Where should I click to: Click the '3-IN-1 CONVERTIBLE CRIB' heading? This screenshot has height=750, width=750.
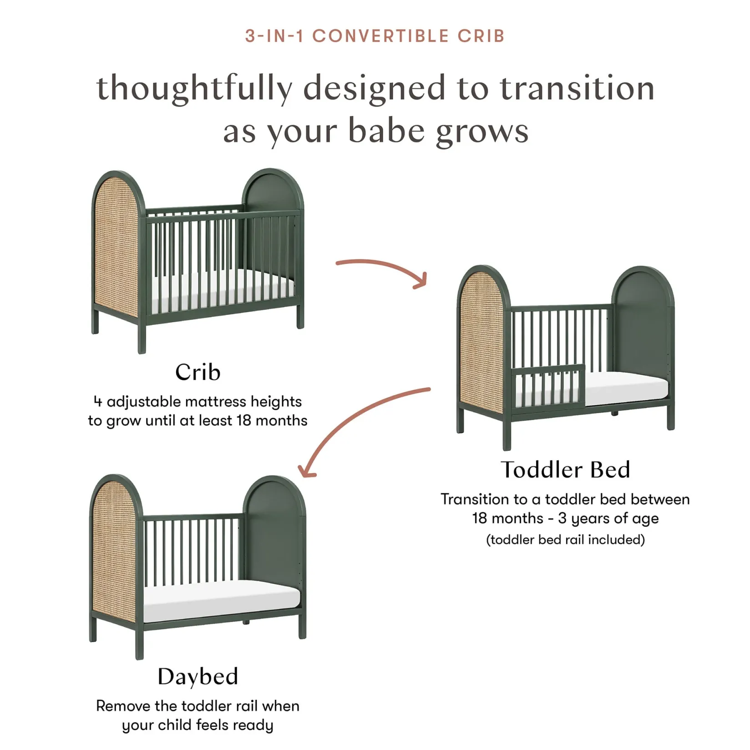pyautogui.click(x=375, y=36)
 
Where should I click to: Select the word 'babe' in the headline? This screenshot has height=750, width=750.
pyautogui.click(x=386, y=131)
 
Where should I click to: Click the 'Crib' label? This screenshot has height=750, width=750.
pyautogui.click(x=198, y=372)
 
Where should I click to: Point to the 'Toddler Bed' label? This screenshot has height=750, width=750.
pyautogui.click(x=565, y=470)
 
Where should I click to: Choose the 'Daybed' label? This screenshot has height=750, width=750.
pyautogui.click(x=198, y=676)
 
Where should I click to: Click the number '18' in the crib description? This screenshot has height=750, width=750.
pyautogui.click(x=243, y=421)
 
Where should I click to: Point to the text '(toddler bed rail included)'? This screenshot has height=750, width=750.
pyautogui.click(x=565, y=540)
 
